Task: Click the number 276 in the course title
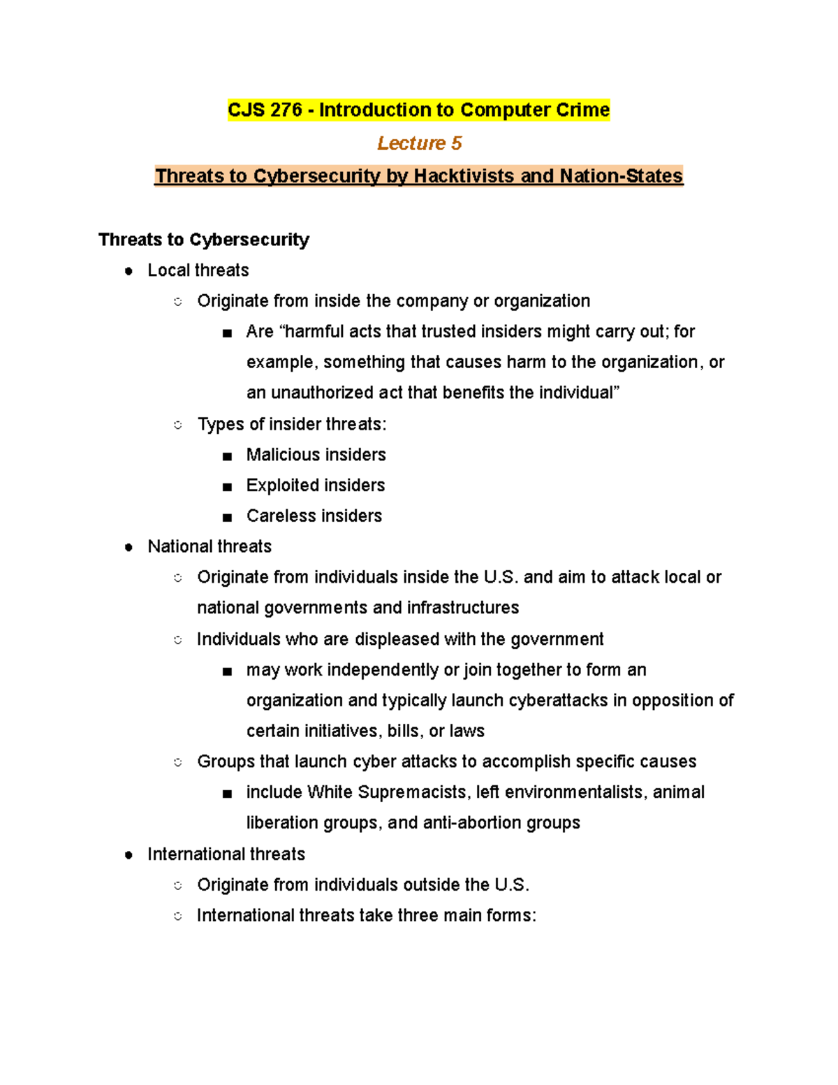coord(283,110)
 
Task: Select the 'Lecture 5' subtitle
coord(419,143)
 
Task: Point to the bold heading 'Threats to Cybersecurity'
coord(203,240)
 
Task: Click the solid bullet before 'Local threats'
coord(128,271)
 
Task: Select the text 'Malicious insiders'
coord(316,455)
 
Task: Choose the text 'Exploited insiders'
coord(315,486)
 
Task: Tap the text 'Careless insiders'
coord(314,516)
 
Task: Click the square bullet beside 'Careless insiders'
coord(227,518)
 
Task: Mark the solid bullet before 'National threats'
coord(128,547)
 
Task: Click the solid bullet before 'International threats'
coord(128,855)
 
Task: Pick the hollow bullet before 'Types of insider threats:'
coord(178,425)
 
